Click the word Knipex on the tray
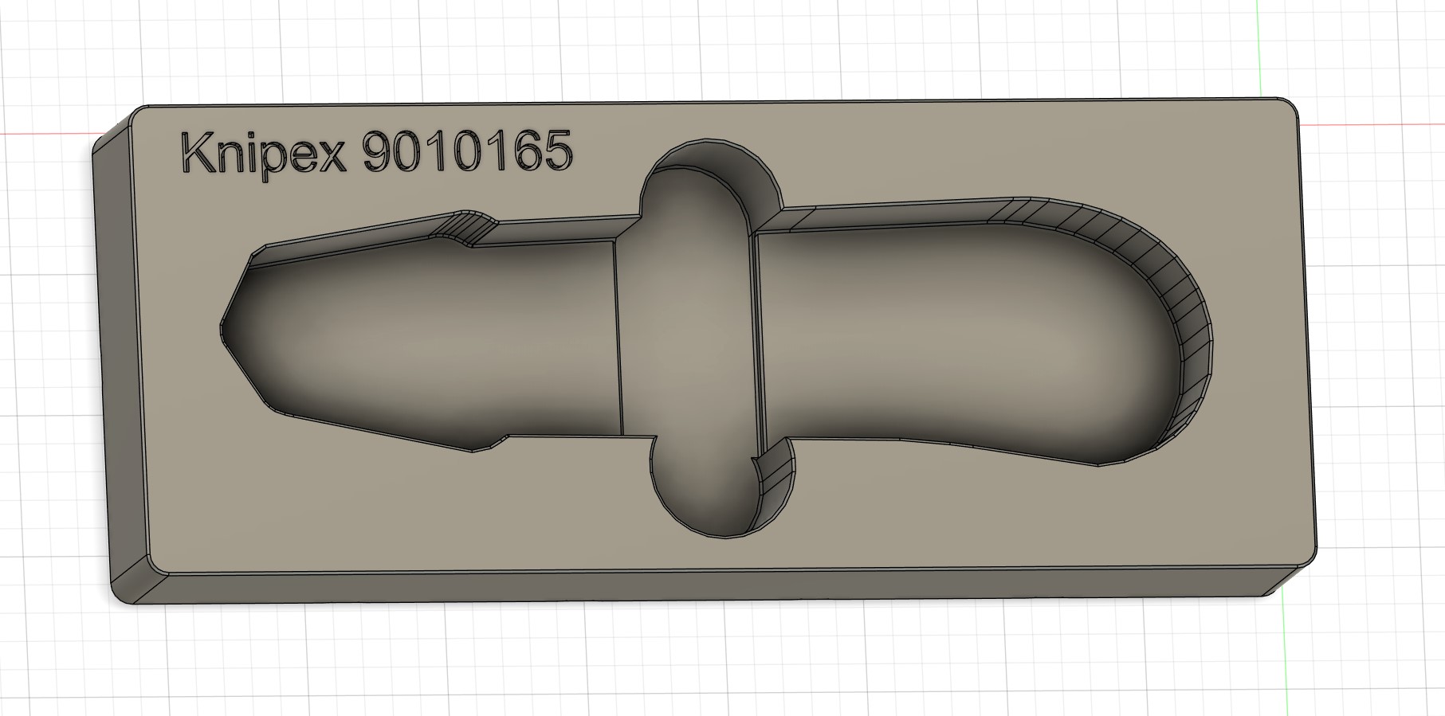pos(264,153)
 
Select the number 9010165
pos(468,151)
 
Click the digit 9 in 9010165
pos(379,151)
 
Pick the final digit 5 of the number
pos(559,151)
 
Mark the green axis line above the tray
pos(1258,48)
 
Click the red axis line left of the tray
pos(48,133)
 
